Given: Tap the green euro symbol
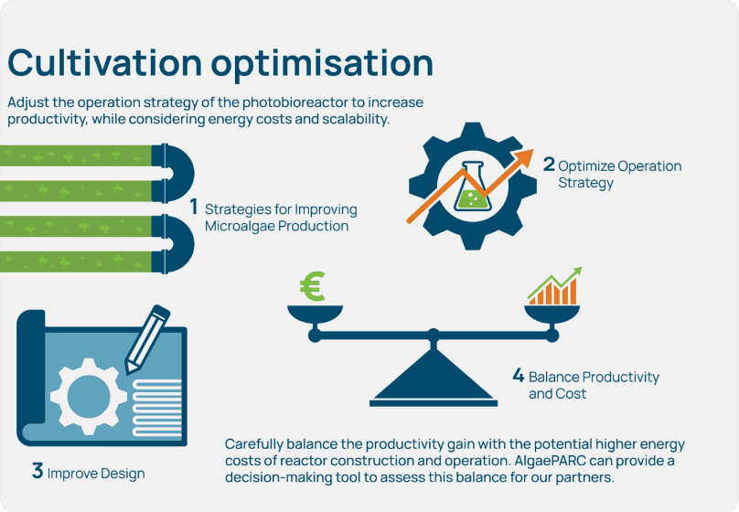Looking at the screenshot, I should pyautogui.click(x=313, y=288).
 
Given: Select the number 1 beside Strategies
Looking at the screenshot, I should pyautogui.click(x=194, y=208).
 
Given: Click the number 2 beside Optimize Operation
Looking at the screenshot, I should pyautogui.click(x=549, y=165).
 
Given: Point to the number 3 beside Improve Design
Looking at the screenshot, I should pyautogui.click(x=37, y=472).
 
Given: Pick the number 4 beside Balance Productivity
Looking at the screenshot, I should pyautogui.click(x=518, y=376).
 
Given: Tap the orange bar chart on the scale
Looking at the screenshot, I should pyautogui.click(x=553, y=290).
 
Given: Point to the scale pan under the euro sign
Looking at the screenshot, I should pyautogui.click(x=314, y=315).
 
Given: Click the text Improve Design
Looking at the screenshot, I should pyautogui.click(x=95, y=474).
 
